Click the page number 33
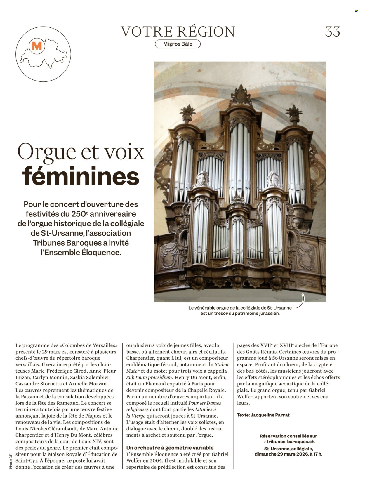(333, 32)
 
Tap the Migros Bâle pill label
(178, 44)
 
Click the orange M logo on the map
(37, 46)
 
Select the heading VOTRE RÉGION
(178, 32)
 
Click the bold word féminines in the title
(81, 176)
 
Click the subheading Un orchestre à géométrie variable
(170, 448)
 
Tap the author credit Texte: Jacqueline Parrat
(263, 415)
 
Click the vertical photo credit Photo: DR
(11, 461)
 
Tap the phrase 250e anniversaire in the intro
(104, 214)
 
